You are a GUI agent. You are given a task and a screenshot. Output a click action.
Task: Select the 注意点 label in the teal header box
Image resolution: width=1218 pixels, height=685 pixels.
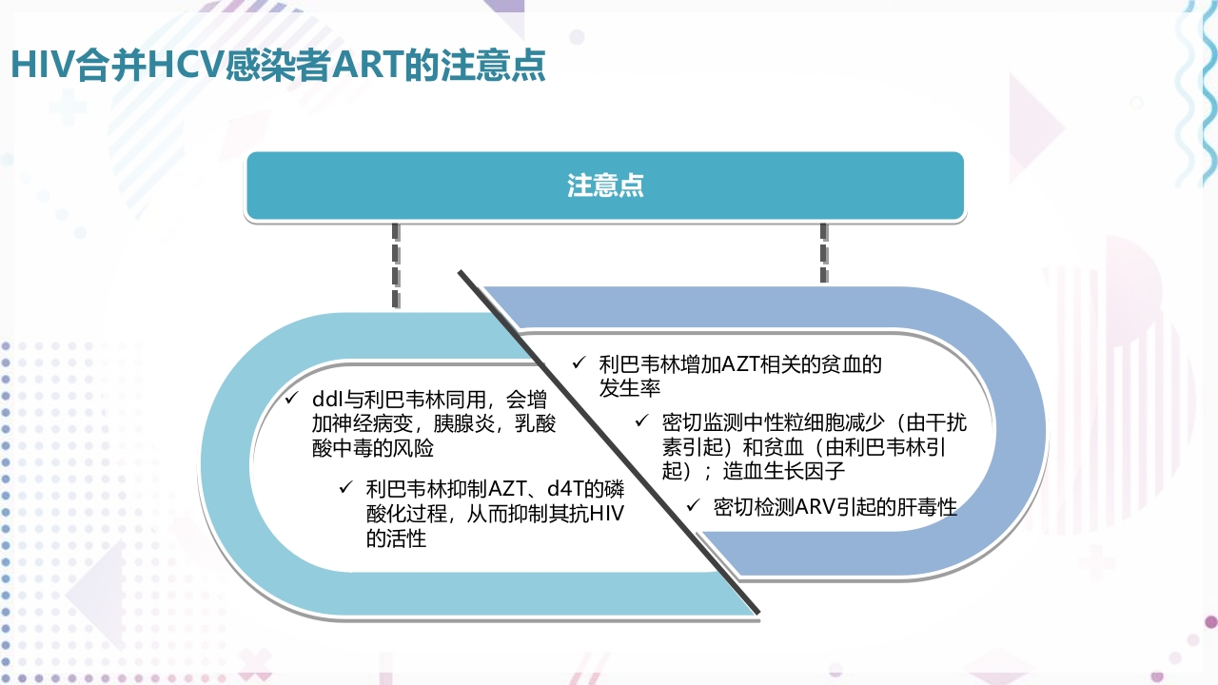tap(605, 186)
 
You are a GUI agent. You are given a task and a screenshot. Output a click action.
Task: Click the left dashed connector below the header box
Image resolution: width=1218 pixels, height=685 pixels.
tap(396, 266)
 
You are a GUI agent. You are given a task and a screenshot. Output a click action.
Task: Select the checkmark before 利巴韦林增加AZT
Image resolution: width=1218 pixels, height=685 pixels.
tap(578, 362)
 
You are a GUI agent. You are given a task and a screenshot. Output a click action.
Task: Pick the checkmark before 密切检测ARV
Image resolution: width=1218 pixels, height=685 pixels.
tap(693, 506)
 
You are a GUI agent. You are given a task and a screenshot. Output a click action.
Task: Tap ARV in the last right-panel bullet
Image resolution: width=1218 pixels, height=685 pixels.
tap(815, 507)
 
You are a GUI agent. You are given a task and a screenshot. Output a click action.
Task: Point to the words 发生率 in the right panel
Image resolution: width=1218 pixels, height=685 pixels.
tap(630, 388)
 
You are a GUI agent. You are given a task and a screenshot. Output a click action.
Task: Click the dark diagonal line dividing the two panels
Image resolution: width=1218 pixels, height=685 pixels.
tap(609, 441)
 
